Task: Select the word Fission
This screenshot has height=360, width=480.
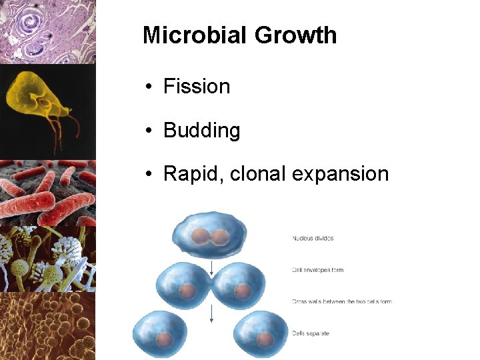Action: (x=197, y=87)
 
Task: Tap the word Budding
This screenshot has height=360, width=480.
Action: (x=201, y=130)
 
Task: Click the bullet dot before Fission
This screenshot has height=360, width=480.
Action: (x=150, y=87)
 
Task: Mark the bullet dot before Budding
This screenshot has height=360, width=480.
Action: (x=150, y=130)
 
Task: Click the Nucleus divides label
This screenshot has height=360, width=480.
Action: (x=312, y=238)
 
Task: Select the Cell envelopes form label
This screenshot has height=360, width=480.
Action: (x=317, y=270)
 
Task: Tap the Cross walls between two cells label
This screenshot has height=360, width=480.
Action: (x=341, y=301)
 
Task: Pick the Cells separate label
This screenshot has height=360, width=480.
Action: (x=310, y=333)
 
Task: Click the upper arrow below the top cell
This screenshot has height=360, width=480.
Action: (x=211, y=267)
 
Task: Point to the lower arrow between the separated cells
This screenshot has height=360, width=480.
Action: (x=211, y=313)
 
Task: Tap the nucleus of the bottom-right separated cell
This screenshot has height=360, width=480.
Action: (x=265, y=339)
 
